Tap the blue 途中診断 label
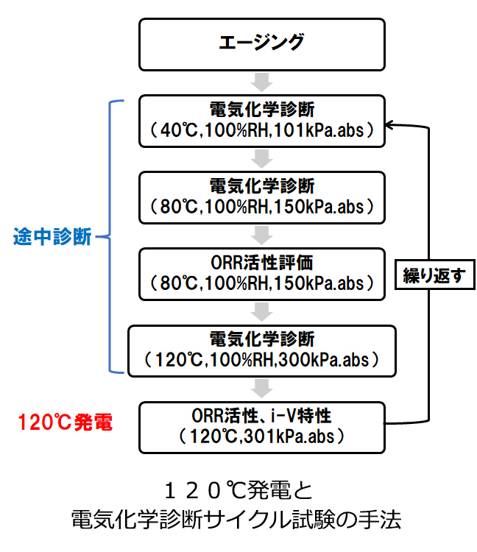[x=52, y=238]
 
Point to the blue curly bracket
[x=112, y=237]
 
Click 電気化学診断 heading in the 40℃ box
[x=262, y=110]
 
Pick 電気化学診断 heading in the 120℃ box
[x=262, y=339]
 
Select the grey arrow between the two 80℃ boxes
[x=261, y=234]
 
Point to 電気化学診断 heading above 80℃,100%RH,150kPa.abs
[x=262, y=186]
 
